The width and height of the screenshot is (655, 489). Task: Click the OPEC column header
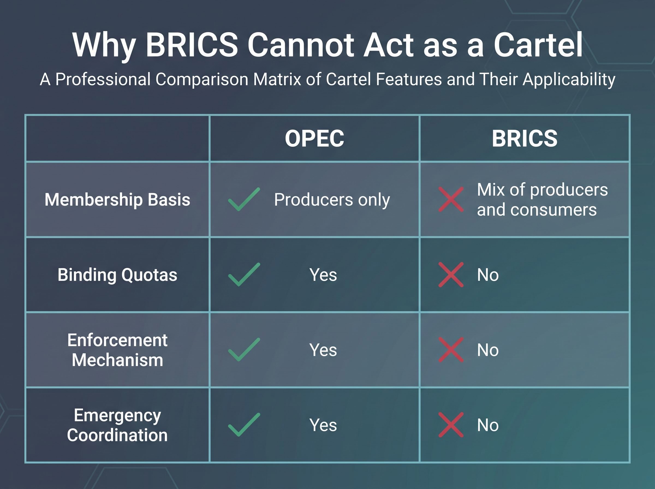[x=314, y=139]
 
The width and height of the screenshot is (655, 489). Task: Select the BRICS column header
[x=525, y=139]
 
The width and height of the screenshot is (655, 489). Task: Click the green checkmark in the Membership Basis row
[x=244, y=199]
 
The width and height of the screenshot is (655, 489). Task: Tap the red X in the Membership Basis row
[x=451, y=199]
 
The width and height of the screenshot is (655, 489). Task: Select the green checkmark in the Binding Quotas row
[x=244, y=275]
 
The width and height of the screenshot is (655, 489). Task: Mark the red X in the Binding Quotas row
[x=451, y=275]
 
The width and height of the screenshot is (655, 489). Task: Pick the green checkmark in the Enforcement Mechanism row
[x=244, y=350]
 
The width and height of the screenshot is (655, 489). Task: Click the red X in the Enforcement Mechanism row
[x=451, y=350]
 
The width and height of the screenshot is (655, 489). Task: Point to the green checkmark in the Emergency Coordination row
[x=244, y=425]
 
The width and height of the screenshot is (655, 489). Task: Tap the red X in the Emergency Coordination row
[x=451, y=425]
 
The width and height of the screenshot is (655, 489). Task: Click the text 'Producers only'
[x=332, y=200]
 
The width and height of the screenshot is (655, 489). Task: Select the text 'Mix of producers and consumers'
[x=542, y=199]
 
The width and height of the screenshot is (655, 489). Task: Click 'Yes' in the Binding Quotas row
[x=323, y=275]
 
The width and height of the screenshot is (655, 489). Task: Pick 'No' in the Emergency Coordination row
[x=488, y=425]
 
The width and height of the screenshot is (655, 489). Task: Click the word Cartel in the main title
[x=538, y=45]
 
